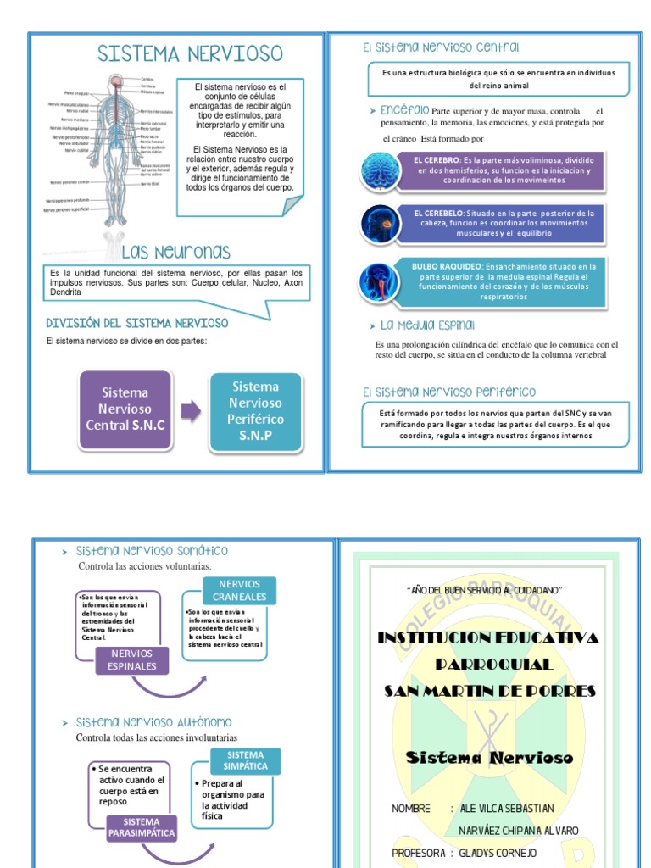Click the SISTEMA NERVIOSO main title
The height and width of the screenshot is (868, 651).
[190, 54]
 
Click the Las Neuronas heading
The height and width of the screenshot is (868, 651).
[175, 252]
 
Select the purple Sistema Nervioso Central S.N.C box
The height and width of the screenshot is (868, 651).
[125, 409]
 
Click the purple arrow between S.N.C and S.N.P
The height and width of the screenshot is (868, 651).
[191, 411]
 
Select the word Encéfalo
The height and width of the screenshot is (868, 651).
[405, 111]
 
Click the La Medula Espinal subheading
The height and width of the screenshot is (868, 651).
[427, 325]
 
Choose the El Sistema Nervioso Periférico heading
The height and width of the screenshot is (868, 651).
[448, 392]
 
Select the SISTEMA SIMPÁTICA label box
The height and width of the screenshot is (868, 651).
[245, 759]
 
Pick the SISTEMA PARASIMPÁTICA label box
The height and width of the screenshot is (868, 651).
[142, 827]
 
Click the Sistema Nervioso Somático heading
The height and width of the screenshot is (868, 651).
[152, 551]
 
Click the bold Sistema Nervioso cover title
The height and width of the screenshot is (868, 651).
[490, 758]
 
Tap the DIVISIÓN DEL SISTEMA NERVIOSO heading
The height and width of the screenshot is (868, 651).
[136, 323]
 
